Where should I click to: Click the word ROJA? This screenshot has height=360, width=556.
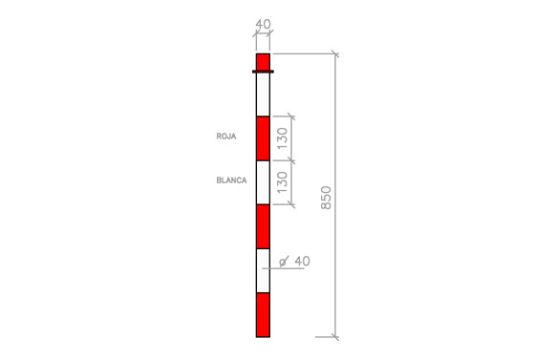226,137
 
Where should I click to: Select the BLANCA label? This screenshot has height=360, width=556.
230,180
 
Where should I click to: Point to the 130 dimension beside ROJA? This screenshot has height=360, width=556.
282,138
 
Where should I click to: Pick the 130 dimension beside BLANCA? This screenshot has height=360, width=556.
282,182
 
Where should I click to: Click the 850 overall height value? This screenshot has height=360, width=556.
327,197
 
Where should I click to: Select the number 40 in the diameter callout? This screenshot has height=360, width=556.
302,261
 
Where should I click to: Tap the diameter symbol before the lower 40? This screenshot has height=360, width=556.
285,262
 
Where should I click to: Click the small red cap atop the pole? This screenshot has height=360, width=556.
264,61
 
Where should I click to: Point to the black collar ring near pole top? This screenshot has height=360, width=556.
264,72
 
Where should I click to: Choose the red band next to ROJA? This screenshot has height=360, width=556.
264,138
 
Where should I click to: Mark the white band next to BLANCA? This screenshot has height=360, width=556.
264,182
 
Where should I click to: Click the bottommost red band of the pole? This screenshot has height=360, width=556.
264,315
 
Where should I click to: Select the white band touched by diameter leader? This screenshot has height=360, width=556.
264,271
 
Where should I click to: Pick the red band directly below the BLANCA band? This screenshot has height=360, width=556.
264,226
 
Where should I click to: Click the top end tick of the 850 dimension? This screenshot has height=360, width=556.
335,53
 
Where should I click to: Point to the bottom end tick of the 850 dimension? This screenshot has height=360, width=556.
335,337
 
